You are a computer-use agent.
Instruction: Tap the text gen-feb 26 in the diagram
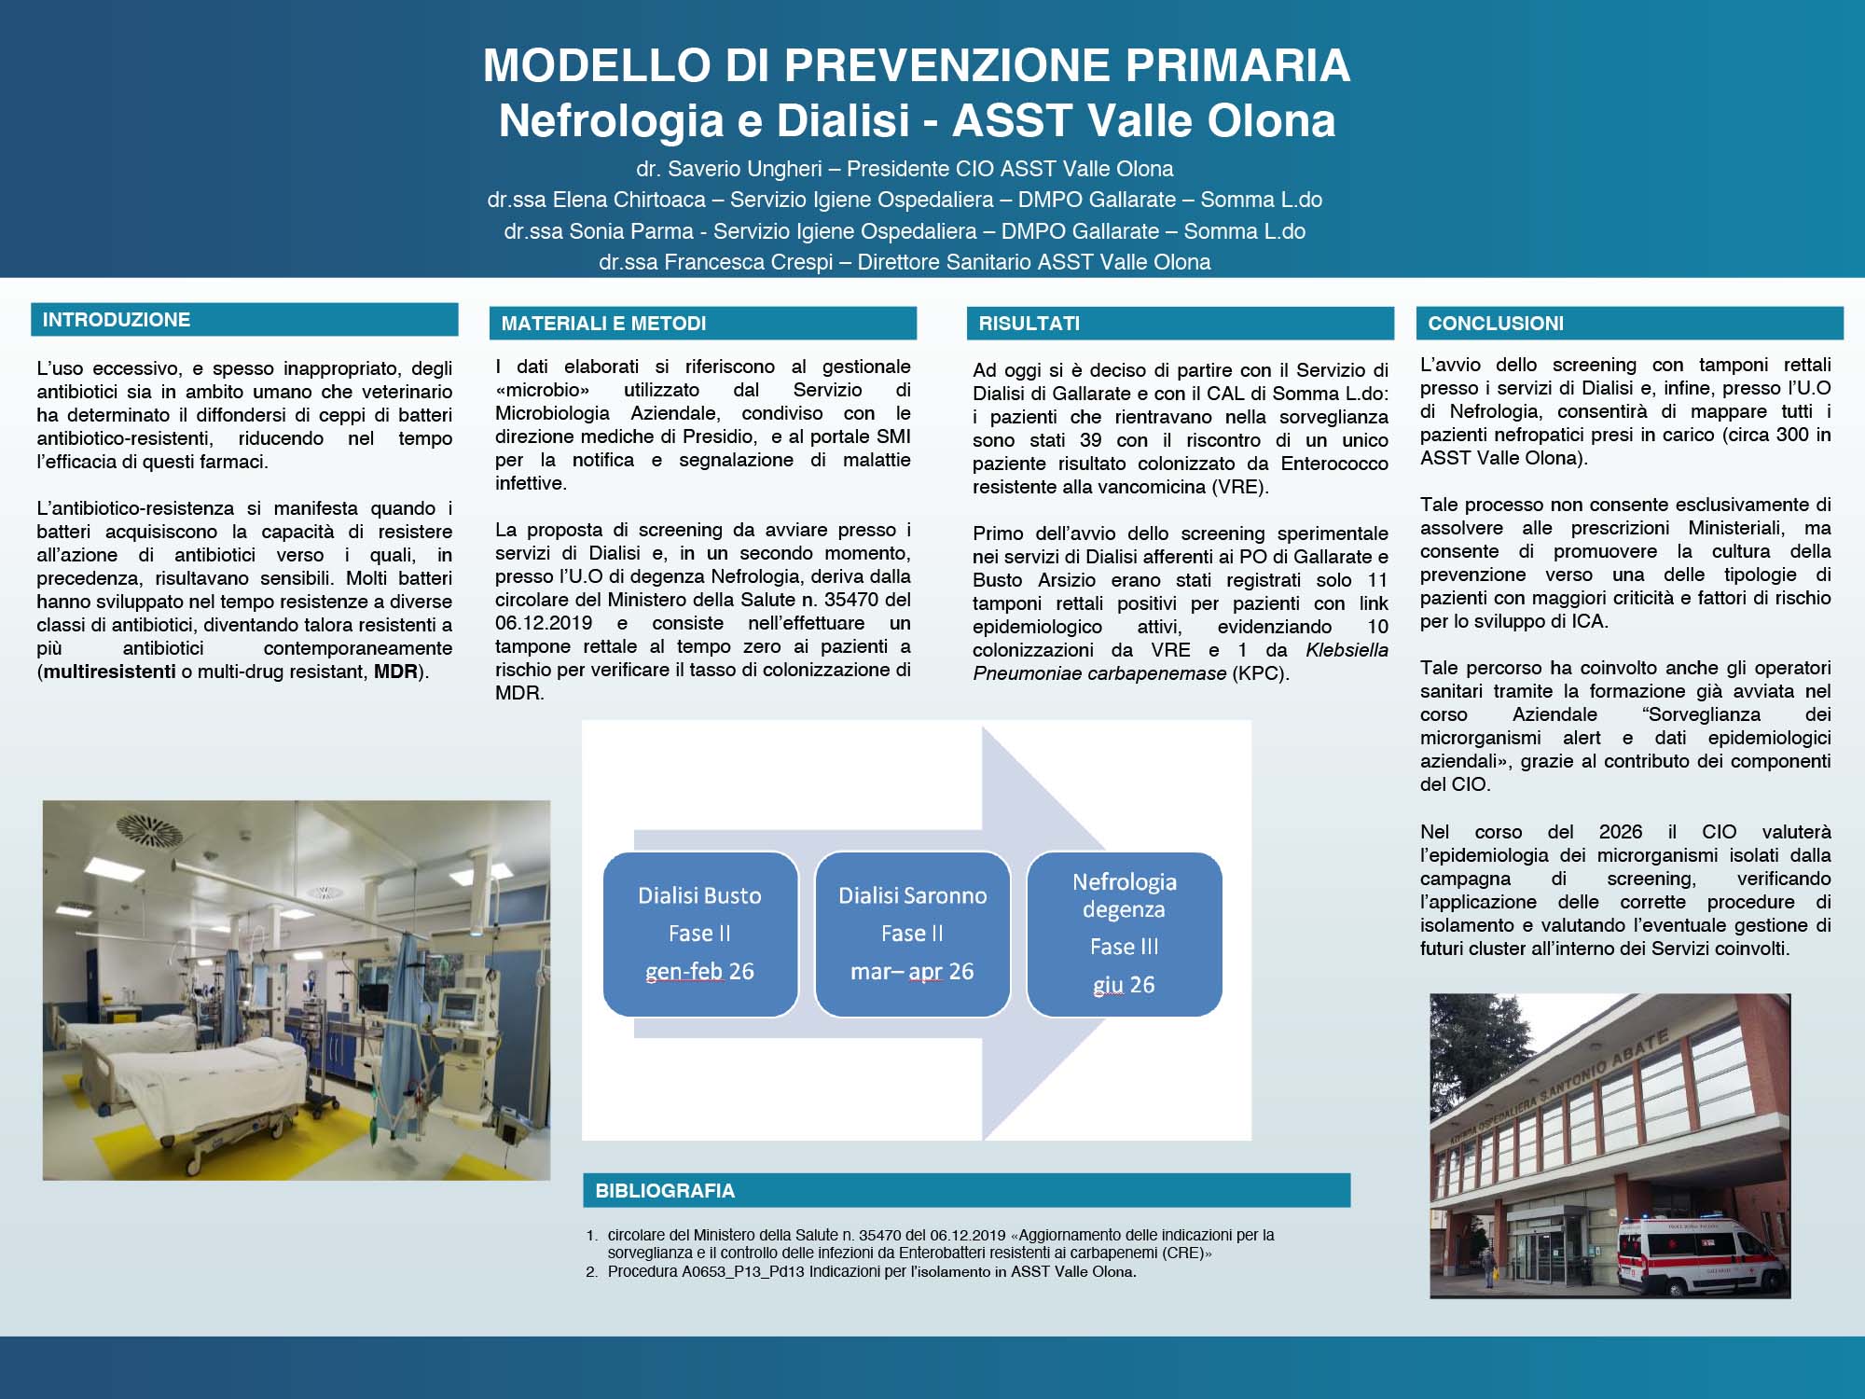click(x=699, y=972)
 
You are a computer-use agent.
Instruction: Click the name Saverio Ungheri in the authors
click(x=744, y=169)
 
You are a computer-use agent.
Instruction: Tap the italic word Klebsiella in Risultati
click(x=1346, y=650)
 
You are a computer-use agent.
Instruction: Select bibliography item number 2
click(x=871, y=1272)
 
